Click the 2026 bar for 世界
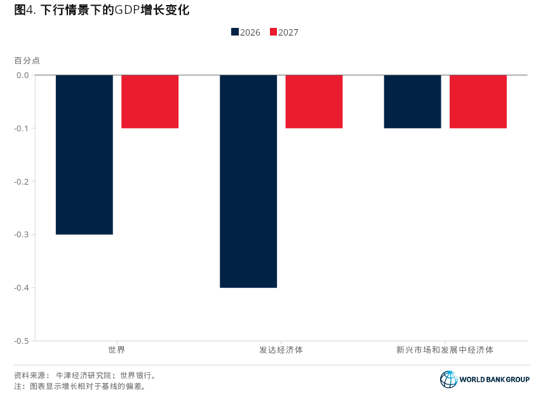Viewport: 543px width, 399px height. pyautogui.click(x=84, y=155)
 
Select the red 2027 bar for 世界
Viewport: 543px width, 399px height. pyautogui.click(x=150, y=101)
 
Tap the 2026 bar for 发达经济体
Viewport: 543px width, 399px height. pyautogui.click(x=248, y=181)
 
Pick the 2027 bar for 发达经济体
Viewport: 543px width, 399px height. pyautogui.click(x=314, y=101)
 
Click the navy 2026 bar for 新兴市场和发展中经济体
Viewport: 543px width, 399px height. pyautogui.click(x=412, y=101)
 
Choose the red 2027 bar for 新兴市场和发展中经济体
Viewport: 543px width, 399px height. pyautogui.click(x=478, y=101)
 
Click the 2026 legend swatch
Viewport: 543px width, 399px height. pyautogui.click(x=235, y=32)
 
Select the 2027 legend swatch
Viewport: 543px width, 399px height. pyautogui.click(x=274, y=32)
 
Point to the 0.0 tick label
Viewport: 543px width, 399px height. pyautogui.click(x=23, y=75)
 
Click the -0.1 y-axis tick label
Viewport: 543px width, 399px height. pyautogui.click(x=22, y=128)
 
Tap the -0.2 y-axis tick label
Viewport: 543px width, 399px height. pyautogui.click(x=22, y=181)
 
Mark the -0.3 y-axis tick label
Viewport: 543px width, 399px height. pyautogui.click(x=22, y=235)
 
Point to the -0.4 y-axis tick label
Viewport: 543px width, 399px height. pyautogui.click(x=22, y=288)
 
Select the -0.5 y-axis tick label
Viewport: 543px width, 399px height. pyautogui.click(x=22, y=341)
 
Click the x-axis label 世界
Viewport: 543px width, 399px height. pyautogui.click(x=117, y=350)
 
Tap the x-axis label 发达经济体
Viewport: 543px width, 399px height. pyautogui.click(x=281, y=350)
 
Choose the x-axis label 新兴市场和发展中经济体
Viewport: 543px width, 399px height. pyautogui.click(x=445, y=350)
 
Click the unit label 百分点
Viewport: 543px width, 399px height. pyautogui.click(x=27, y=61)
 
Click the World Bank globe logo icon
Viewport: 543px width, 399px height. pyautogui.click(x=448, y=379)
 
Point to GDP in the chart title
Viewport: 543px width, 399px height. pyautogui.click(x=127, y=10)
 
